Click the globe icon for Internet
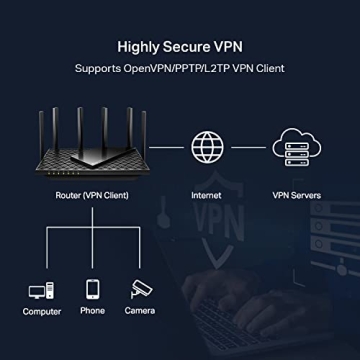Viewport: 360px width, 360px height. click(205, 146)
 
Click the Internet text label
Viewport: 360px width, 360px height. click(206, 196)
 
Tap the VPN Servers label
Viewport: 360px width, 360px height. click(296, 196)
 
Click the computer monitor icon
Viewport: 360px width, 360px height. click(42, 291)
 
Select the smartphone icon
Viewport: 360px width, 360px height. click(92, 290)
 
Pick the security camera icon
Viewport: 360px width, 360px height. click(141, 290)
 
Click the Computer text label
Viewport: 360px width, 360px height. click(42, 312)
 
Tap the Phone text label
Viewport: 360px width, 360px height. click(92, 311)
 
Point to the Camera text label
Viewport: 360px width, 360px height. click(140, 311)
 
